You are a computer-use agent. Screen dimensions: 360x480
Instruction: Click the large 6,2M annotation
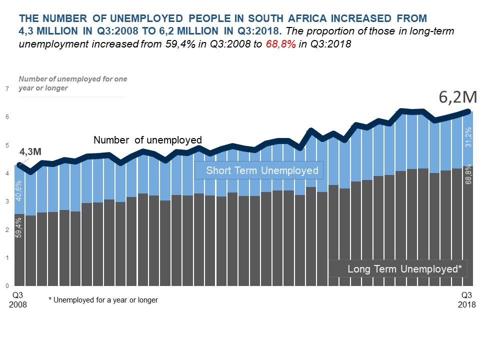(x=457, y=97)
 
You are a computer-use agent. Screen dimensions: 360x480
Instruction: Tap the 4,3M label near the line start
(x=30, y=151)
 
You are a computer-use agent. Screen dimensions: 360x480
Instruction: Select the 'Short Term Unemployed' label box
(x=259, y=170)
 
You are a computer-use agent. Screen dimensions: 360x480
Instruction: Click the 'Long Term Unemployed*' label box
(x=397, y=269)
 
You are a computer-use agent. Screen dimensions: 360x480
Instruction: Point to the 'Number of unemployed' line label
(x=147, y=140)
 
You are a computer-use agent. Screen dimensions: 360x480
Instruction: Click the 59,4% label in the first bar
(x=19, y=225)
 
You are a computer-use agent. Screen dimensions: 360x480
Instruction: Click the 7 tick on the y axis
(x=7, y=89)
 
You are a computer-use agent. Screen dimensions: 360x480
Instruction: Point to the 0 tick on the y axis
(x=7, y=286)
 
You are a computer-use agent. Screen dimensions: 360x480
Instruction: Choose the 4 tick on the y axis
(x=7, y=173)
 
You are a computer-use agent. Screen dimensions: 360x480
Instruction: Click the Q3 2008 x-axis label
(x=18, y=299)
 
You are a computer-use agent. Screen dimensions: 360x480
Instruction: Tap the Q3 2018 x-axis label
(x=466, y=299)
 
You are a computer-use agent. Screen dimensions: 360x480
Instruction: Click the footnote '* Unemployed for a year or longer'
(x=103, y=300)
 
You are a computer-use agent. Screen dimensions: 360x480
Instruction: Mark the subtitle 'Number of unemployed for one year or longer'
(x=72, y=83)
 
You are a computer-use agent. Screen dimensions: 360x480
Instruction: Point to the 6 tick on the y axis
(x=7, y=117)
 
